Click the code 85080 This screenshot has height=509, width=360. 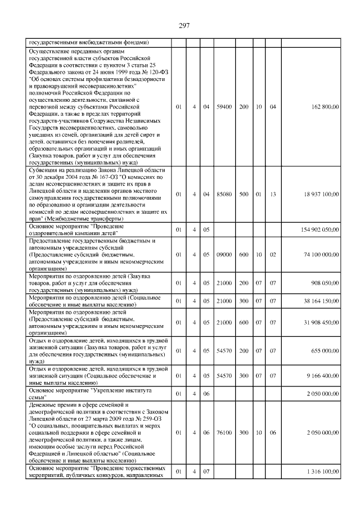tap(224, 193)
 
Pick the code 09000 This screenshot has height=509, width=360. tap(224, 255)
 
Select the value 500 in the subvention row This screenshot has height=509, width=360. tap(244, 193)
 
